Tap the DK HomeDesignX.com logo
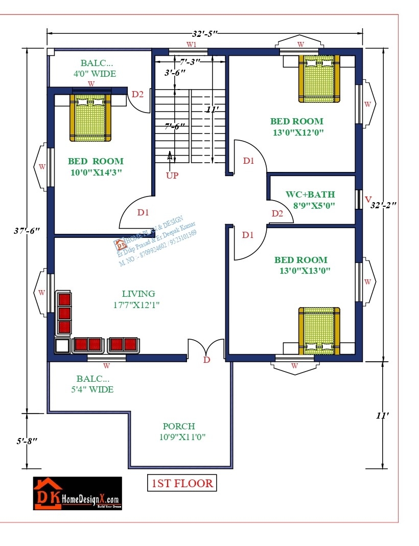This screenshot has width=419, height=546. coord(78,493)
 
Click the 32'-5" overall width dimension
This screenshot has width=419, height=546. coord(205,34)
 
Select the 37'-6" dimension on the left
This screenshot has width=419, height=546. coord(26,231)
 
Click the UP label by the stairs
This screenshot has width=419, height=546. coord(172,176)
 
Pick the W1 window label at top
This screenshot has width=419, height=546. coord(191,45)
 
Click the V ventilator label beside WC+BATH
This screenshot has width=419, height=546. coord(367,199)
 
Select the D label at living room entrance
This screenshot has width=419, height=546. coord(206,360)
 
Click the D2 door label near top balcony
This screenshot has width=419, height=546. coord(137,94)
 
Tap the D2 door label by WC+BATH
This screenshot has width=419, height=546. coord(277,213)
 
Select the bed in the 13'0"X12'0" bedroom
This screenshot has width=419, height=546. coord(319,78)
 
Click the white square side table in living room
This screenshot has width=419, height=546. coord(62,346)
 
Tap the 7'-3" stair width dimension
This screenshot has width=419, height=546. coord(190,61)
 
